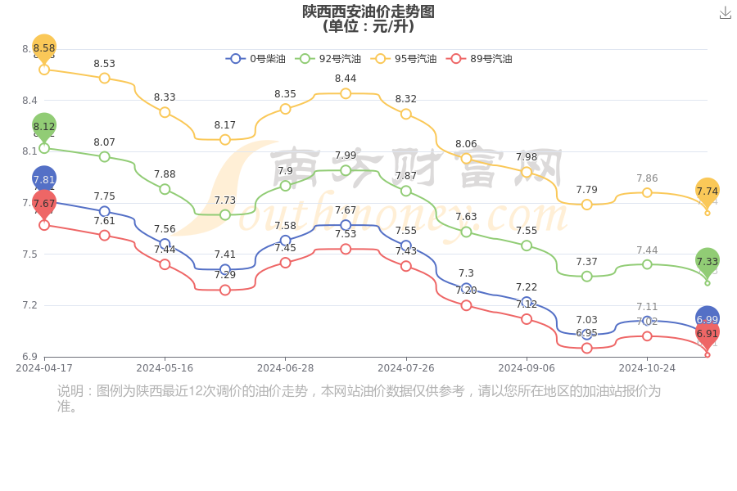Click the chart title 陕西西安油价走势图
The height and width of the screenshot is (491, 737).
pos(368,11)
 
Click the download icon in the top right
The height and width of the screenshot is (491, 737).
pos(725,13)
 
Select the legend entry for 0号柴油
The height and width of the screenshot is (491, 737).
pos(256,59)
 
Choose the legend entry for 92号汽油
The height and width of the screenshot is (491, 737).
pos(328,59)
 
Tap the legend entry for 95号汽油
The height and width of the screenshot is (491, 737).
pos(404,59)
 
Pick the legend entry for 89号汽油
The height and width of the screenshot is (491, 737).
pos(479,59)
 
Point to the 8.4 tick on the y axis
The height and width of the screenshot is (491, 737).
pos(29,101)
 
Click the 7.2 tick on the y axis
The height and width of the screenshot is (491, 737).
pos(29,305)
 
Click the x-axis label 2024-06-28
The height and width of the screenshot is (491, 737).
pos(285,368)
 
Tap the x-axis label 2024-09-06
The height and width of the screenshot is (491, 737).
pos(527,368)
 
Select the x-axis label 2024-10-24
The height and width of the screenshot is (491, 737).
pos(647,368)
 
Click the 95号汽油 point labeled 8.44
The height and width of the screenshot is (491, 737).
pos(346,93)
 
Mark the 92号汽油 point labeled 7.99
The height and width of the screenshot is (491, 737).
pos(346,170)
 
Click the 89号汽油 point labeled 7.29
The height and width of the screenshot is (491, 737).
pos(225,290)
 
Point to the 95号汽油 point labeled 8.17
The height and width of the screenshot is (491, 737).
pos(225,140)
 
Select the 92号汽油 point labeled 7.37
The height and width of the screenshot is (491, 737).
pos(586,277)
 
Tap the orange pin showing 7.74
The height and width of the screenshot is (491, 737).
pos(708,191)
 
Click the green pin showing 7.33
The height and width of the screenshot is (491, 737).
pos(708,261)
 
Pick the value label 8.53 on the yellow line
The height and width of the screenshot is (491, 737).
pos(104,64)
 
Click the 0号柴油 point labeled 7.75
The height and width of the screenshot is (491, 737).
pos(105,211)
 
